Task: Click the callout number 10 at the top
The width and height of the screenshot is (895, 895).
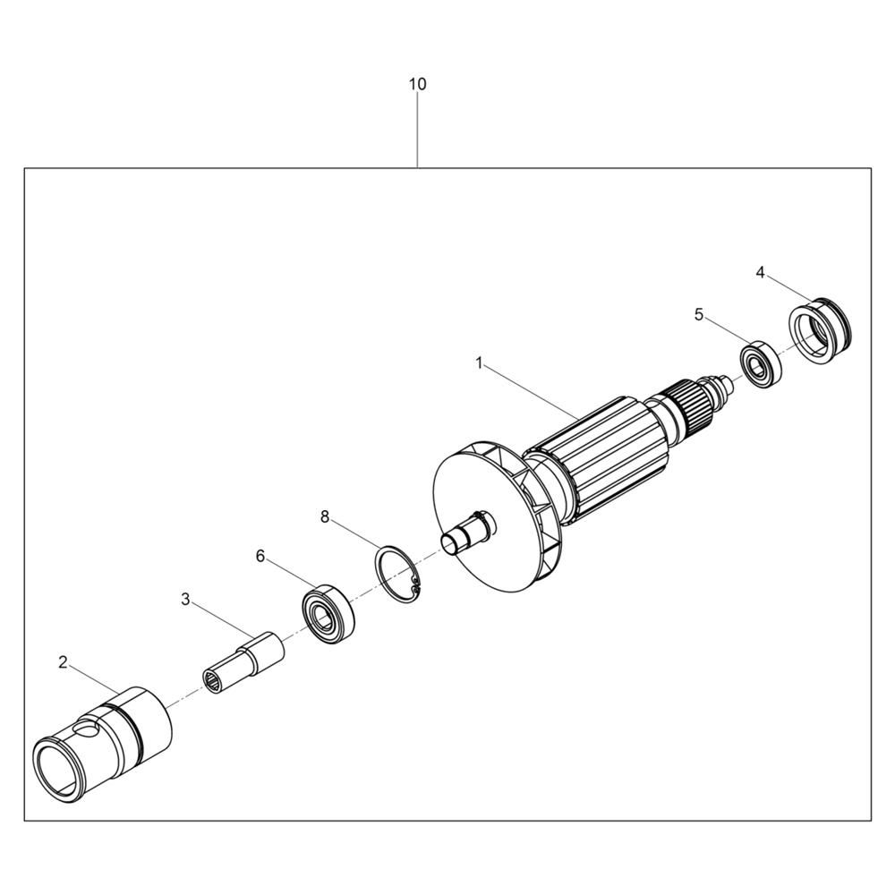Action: click(x=417, y=84)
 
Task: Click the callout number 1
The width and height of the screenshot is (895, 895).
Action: click(x=480, y=362)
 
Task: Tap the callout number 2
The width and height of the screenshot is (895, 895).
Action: click(x=63, y=662)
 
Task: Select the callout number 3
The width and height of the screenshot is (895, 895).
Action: click(x=185, y=600)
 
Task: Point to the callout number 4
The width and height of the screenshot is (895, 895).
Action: click(x=760, y=273)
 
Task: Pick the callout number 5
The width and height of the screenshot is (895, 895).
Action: click(x=699, y=314)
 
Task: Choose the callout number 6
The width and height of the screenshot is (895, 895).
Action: click(x=260, y=556)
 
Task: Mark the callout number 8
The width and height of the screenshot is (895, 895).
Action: click(x=325, y=517)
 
